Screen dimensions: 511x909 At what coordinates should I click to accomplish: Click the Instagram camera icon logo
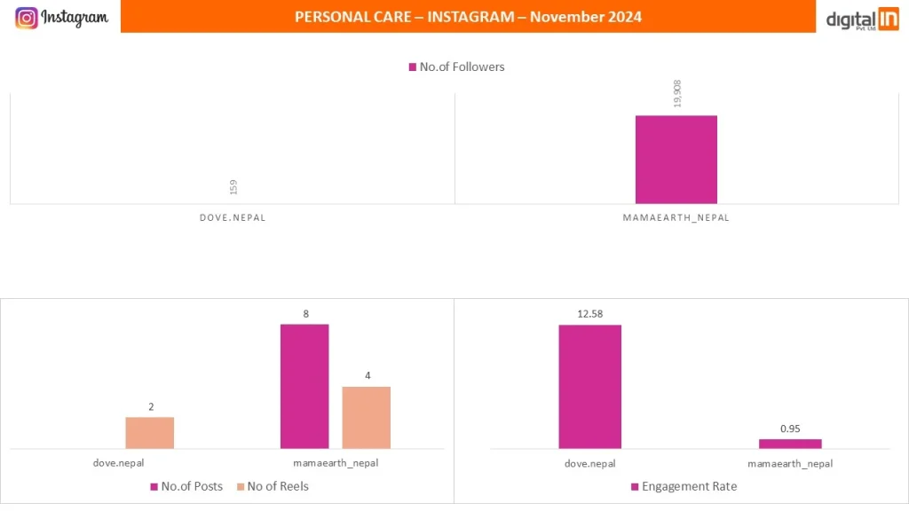[x=27, y=18]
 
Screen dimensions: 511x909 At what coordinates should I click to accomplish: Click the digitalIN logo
[x=862, y=19]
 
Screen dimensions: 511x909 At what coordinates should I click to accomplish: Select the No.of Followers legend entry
[x=456, y=67]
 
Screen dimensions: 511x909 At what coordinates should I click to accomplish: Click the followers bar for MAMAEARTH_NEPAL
[x=676, y=160]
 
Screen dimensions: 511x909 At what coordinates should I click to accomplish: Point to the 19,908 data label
[x=678, y=93]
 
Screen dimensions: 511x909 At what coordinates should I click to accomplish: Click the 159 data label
[x=233, y=187]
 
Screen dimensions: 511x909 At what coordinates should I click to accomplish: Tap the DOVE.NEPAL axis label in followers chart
[x=233, y=217]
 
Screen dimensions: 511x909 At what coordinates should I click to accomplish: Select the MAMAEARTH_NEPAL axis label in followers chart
[x=676, y=217]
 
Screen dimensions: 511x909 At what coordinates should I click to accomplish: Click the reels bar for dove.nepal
[x=149, y=433]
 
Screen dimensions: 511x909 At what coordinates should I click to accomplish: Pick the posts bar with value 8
[x=304, y=386]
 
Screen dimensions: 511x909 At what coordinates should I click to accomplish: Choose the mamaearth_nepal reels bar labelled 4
[x=367, y=417]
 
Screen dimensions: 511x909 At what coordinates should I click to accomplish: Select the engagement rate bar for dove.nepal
[x=589, y=386]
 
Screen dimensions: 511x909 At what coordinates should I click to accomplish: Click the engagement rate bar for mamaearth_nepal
[x=790, y=444]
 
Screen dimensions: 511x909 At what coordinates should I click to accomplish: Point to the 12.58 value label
[x=589, y=313]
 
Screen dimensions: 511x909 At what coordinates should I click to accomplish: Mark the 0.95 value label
[x=790, y=428]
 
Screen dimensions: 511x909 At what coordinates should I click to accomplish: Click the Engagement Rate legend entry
[x=684, y=486]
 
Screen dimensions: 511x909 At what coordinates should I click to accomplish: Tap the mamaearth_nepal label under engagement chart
[x=790, y=463]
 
